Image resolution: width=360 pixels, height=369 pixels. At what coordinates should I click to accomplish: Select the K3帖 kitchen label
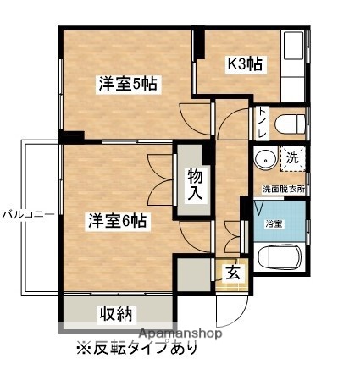point(243,63)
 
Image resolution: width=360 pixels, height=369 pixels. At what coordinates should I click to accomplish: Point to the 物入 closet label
point(195,184)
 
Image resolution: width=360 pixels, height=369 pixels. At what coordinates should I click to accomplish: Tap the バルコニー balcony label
point(28,214)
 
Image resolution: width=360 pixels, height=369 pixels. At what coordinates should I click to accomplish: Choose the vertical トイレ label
point(263,124)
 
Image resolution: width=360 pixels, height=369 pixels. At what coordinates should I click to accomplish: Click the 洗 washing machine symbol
point(291,157)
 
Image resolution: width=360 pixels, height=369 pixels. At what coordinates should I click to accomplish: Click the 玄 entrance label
point(231,273)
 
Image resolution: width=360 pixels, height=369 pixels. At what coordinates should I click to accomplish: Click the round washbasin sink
point(266,159)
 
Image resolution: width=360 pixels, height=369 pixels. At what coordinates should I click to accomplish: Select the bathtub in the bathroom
point(280,256)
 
